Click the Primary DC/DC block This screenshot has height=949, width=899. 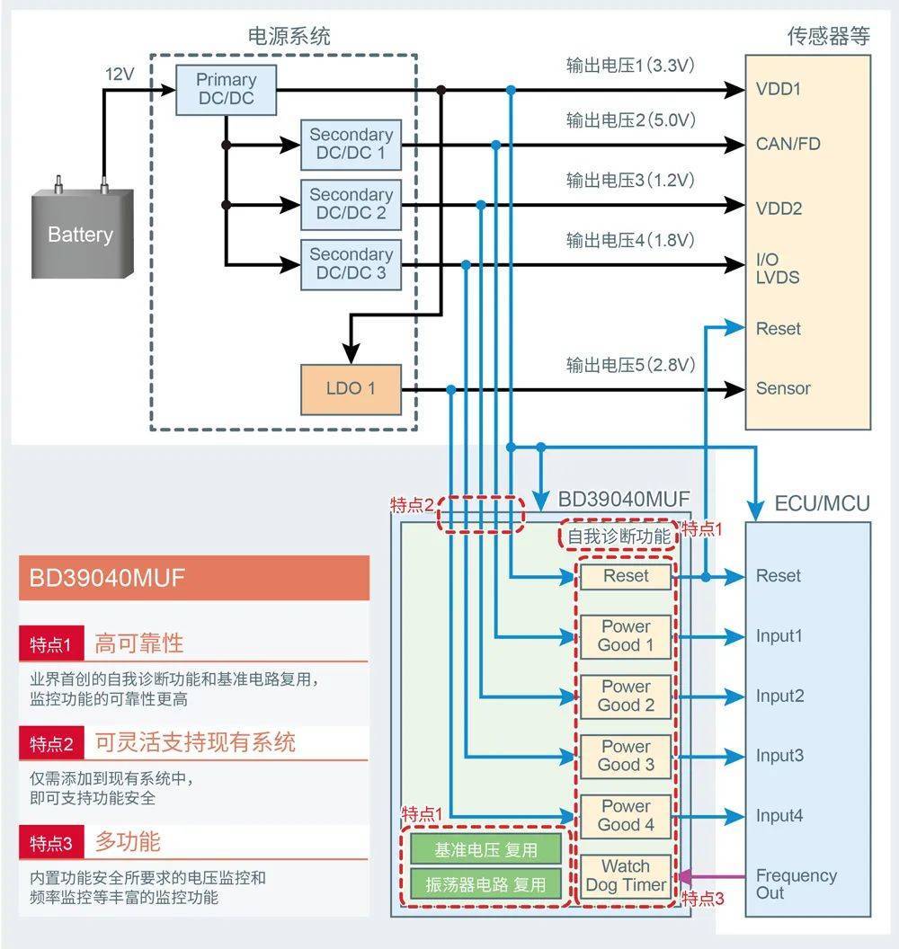(226, 90)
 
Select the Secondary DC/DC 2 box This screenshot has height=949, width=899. (351, 205)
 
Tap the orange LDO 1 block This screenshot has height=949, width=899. (351, 389)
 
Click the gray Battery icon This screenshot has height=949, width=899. (83, 229)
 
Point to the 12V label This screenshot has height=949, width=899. (120, 75)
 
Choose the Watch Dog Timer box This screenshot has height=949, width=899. (626, 875)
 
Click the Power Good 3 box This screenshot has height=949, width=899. (626, 756)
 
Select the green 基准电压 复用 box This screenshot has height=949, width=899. (485, 850)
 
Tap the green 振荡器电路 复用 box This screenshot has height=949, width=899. (485, 884)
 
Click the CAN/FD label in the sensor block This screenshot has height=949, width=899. (788, 144)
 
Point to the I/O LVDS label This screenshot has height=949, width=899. (778, 268)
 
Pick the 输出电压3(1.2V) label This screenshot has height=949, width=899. (630, 181)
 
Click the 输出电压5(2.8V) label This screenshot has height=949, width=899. (630, 365)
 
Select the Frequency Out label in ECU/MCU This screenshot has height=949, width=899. (797, 883)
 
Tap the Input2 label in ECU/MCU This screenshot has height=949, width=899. (779, 696)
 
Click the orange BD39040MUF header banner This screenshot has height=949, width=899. (193, 578)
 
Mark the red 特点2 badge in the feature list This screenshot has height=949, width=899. (51, 743)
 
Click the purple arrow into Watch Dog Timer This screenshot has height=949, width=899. (711, 876)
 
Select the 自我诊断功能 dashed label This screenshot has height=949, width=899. (619, 536)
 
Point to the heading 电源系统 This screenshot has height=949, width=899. (289, 36)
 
